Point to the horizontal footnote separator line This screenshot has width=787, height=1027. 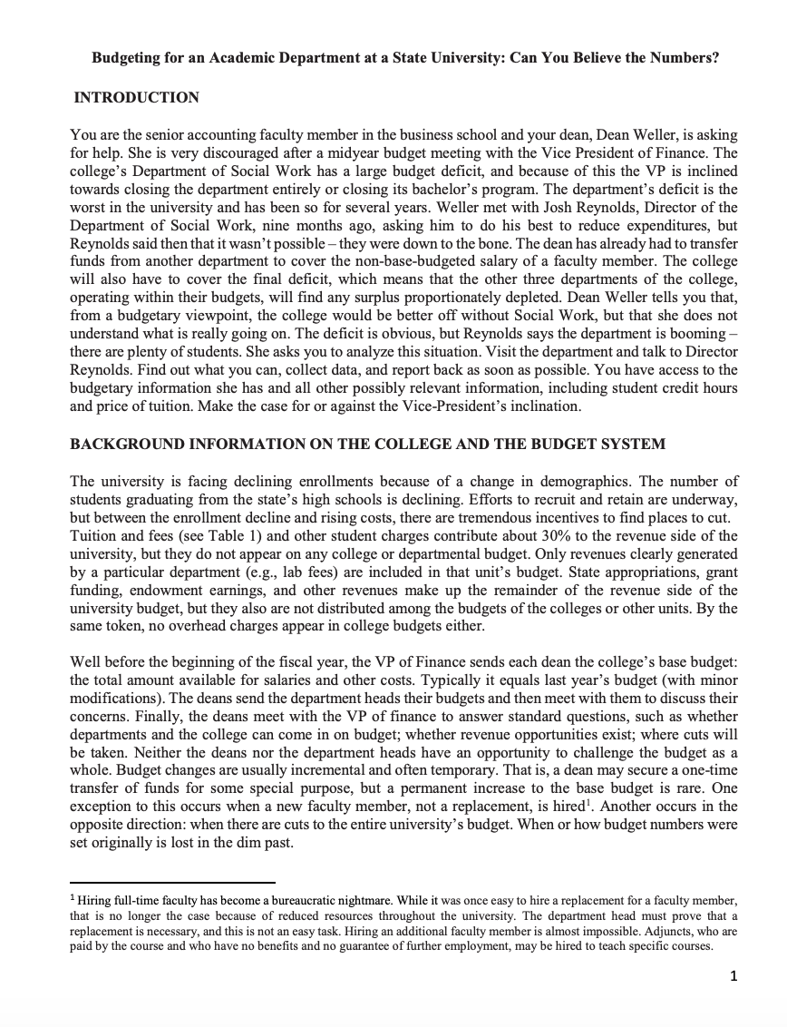coord(172,882)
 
